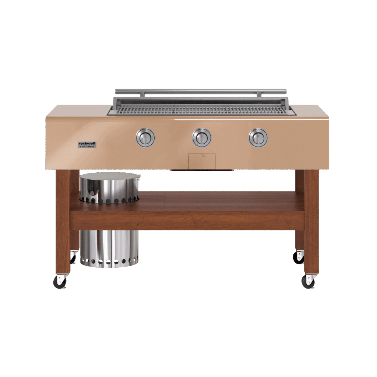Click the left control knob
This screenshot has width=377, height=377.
click(145, 138)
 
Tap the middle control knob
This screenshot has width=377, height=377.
click(202, 138)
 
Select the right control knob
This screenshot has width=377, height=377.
click(258, 138)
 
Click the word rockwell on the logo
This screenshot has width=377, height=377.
click(87, 143)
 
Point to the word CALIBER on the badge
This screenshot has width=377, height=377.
click(88, 147)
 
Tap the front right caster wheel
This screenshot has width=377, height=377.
click(308, 282)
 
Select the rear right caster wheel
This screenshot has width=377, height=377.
click(299, 258)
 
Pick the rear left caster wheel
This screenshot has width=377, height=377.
click(73, 257)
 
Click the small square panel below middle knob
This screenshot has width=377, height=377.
click(202, 161)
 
